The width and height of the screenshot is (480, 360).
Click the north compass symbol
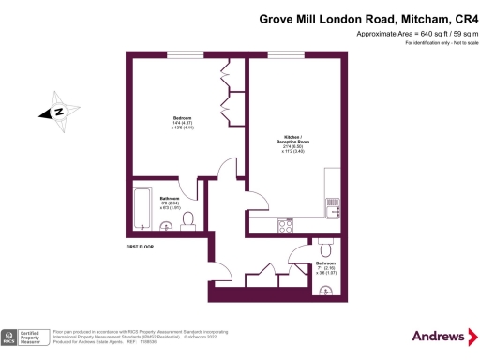58,112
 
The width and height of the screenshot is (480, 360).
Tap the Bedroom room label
157,117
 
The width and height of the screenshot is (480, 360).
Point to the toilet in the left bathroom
187,219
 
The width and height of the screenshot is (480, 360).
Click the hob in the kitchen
285,225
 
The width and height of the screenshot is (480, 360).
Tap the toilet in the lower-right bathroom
325,248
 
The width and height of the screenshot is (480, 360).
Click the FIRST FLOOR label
139,247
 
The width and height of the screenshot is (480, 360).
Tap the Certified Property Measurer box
37,336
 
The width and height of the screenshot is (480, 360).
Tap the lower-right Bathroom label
325,264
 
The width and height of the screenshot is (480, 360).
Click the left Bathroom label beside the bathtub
170,199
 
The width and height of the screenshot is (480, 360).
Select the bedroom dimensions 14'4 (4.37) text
157,124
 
